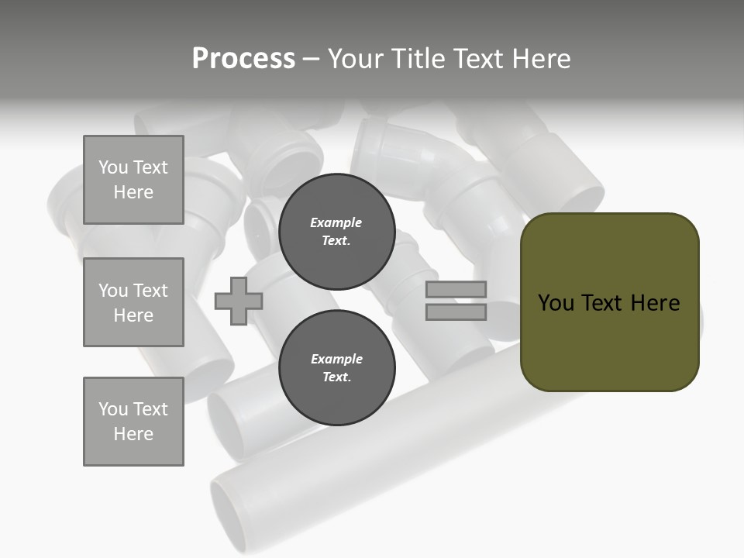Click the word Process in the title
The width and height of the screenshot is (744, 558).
click(243, 59)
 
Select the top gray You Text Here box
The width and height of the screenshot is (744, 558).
click(133, 180)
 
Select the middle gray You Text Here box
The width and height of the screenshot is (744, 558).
click(133, 302)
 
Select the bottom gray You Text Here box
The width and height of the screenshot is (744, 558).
click(133, 421)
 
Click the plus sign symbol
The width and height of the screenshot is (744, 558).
click(238, 301)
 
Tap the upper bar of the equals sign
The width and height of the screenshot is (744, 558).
click(456, 290)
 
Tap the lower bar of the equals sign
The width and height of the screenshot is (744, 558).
click(456, 312)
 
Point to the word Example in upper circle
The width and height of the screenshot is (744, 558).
click(336, 222)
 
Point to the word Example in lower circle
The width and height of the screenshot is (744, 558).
click(336, 359)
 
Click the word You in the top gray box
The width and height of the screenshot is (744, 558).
click(113, 167)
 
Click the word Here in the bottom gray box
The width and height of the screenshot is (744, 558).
click(133, 434)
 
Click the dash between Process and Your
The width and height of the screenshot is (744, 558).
click(311, 59)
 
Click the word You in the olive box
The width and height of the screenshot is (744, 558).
click(556, 303)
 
